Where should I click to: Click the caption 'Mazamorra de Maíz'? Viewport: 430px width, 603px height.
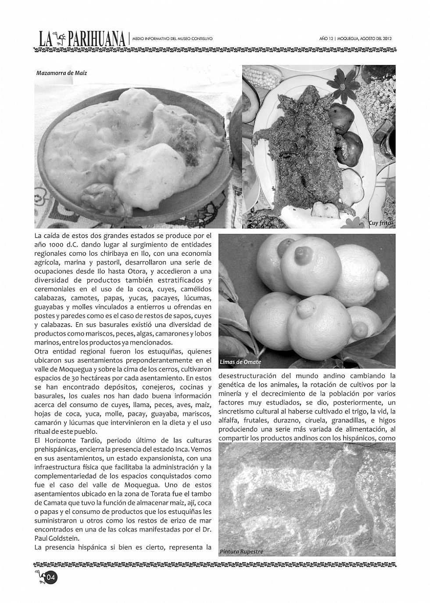(x=61, y=73)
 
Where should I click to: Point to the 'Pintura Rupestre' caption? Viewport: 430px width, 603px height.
(x=242, y=551)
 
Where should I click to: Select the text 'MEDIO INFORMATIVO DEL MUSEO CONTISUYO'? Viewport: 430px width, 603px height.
(x=172, y=39)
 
